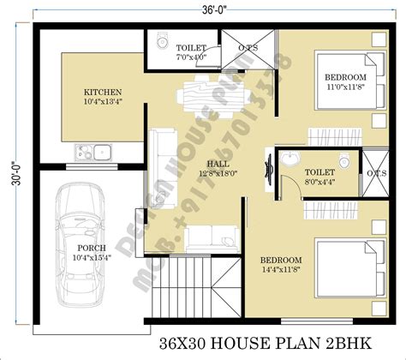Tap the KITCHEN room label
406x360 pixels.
pyautogui.click(x=102, y=92)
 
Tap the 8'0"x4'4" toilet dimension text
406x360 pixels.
pyautogui.click(x=319, y=182)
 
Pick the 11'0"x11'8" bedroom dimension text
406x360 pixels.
pyautogui.click(x=345, y=87)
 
